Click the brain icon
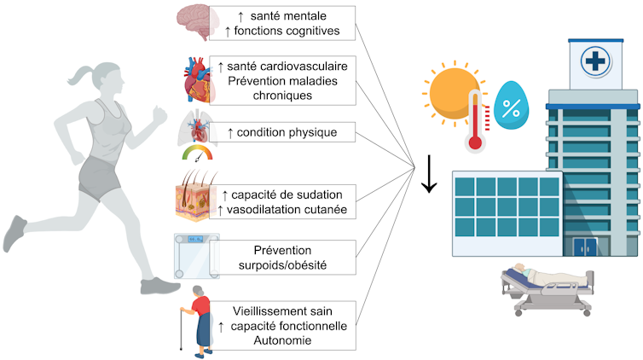tap(195, 21)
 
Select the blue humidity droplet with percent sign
tap(513, 107)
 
